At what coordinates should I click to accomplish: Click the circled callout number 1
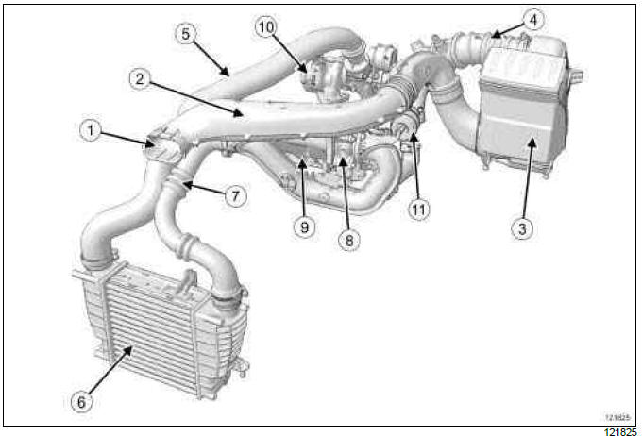pos(90,130)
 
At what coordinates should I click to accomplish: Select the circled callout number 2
pos(140,78)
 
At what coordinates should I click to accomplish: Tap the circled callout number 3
pos(522,228)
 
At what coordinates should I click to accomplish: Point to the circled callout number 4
pos(533,20)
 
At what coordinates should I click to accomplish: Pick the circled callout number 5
pos(185,34)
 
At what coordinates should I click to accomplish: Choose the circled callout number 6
pos(81,402)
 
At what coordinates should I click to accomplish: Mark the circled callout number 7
pos(235,196)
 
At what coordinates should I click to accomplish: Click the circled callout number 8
pos(348,240)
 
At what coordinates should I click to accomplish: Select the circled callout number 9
pos(304,226)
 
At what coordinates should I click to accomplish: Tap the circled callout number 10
pos(265,27)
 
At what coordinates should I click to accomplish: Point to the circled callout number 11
pos(418,210)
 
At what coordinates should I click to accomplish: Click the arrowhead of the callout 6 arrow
pos(129,349)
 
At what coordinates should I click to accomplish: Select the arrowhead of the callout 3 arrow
pos(532,143)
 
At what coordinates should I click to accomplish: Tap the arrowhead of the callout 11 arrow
pos(414,137)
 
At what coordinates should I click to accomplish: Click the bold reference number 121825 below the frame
pos(620,431)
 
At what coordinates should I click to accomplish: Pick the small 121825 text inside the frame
pos(617,417)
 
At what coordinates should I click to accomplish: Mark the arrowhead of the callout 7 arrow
pos(187,186)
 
